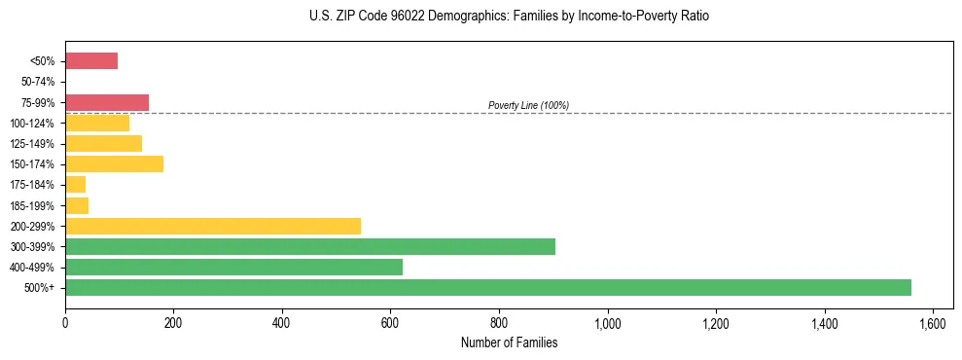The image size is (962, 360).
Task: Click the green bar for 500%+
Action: click(487, 287)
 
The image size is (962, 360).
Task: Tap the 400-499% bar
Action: click(233, 267)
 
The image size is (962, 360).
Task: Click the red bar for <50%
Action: click(91, 61)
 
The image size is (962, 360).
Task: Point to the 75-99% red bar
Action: click(107, 102)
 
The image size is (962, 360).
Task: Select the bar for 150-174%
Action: click(114, 163)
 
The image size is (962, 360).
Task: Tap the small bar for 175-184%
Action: click(75, 184)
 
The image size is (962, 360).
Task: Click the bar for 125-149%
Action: click(103, 143)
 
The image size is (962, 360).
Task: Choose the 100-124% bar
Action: click(97, 123)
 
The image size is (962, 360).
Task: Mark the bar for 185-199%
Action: click(77, 205)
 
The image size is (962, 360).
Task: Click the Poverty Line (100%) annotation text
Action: click(528, 105)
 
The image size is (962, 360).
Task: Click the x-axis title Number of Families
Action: click(509, 342)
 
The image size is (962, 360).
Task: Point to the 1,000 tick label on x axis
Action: click(607, 323)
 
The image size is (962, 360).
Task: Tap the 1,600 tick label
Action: click(932, 323)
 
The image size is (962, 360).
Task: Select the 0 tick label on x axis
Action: click(65, 323)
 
